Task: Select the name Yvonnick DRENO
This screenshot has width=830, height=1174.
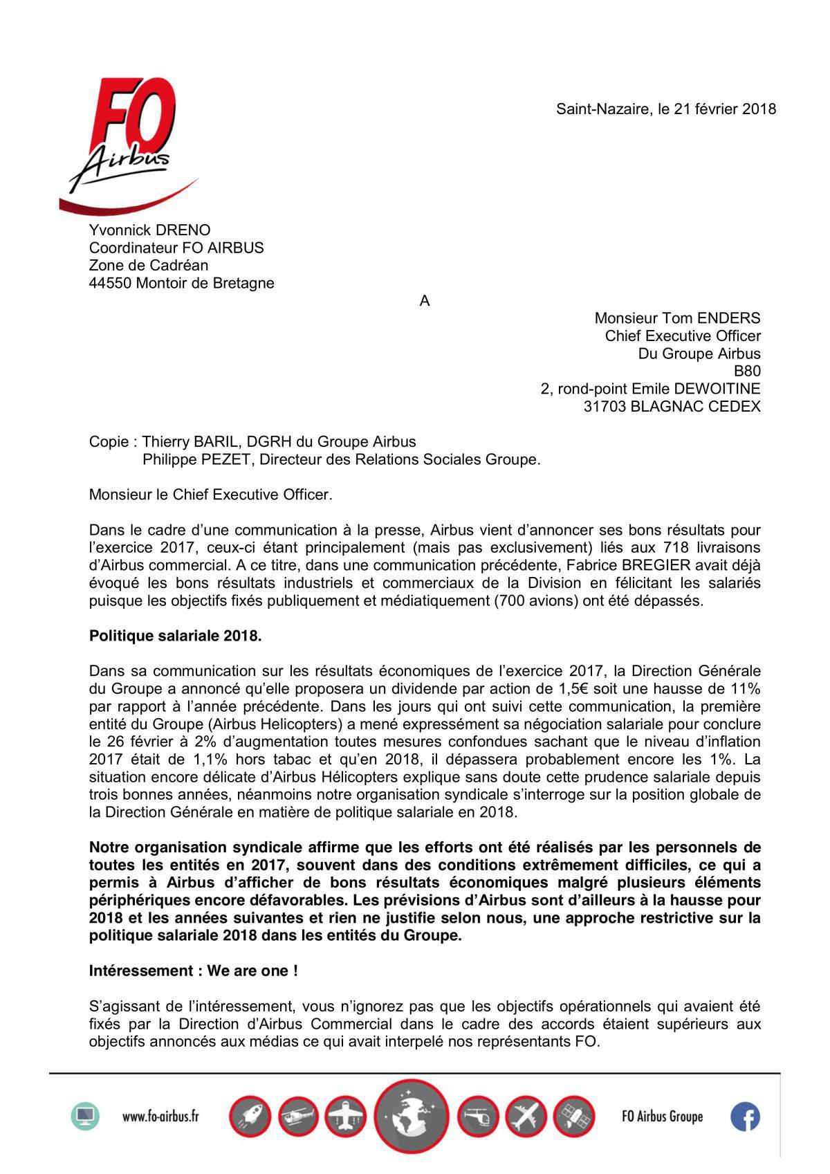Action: click(150, 230)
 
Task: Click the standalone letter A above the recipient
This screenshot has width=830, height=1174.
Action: click(425, 301)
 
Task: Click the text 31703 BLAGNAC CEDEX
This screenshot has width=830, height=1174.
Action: click(672, 407)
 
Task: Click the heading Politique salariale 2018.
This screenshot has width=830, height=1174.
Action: click(175, 636)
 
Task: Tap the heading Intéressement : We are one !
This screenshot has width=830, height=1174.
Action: click(194, 971)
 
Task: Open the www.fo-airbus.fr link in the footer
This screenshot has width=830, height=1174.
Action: click(160, 1116)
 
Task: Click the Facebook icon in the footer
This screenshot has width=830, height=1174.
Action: click(745, 1116)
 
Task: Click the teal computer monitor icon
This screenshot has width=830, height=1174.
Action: click(85, 1116)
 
